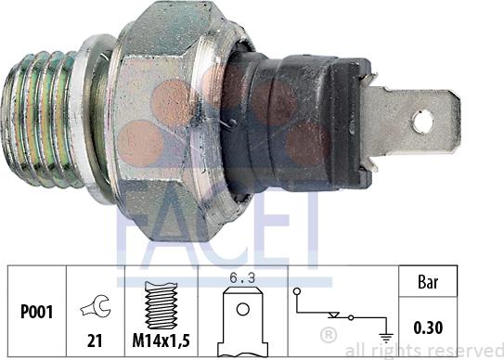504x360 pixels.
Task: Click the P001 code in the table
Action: point(36,312)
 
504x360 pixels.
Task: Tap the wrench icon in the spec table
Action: point(97,306)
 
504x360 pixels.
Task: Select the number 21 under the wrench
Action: point(95,341)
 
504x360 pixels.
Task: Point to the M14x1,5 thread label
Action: point(161,341)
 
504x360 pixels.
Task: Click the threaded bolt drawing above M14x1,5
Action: point(161,305)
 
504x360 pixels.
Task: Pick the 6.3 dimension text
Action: point(242,278)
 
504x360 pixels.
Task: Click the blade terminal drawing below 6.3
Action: point(242,321)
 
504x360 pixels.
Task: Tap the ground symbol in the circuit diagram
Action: point(386,339)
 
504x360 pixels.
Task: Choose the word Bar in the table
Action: point(428,282)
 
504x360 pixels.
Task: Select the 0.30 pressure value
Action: point(428,328)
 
